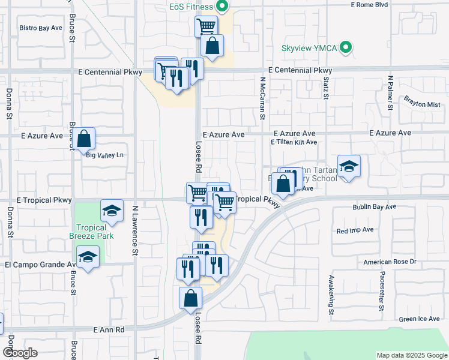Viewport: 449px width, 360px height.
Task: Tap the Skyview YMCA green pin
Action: tap(345, 47)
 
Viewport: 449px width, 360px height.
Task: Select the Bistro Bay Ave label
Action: tap(41, 28)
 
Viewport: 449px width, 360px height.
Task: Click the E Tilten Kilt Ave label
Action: tap(294, 142)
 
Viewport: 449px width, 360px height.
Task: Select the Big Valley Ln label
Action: tap(105, 155)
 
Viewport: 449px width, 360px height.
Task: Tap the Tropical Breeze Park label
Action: tap(91, 232)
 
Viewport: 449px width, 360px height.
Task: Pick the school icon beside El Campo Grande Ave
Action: tap(88, 258)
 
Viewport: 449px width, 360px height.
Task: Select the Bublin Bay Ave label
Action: tap(374, 207)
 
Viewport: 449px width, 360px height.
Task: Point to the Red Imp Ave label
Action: tap(355, 230)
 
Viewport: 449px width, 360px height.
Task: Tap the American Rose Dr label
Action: tap(390, 262)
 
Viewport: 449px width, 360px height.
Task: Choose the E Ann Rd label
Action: tap(109, 330)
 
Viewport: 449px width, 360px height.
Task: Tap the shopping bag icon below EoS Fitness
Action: tap(212, 45)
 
